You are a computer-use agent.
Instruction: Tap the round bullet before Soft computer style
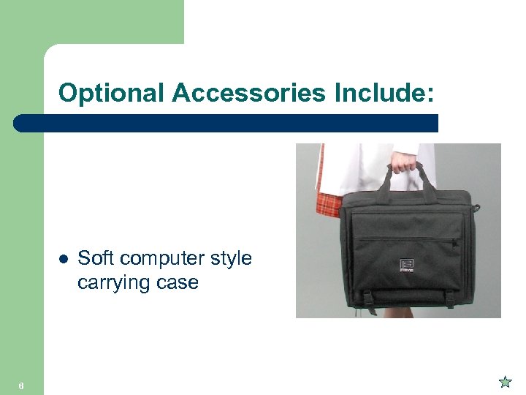[x=64, y=259]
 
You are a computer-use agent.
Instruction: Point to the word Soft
[x=94, y=258]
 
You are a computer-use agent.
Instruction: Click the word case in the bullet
[x=177, y=282]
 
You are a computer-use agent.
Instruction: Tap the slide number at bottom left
[x=22, y=386]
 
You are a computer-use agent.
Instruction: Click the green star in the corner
[x=505, y=381]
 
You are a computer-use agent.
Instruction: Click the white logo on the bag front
[x=407, y=264]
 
